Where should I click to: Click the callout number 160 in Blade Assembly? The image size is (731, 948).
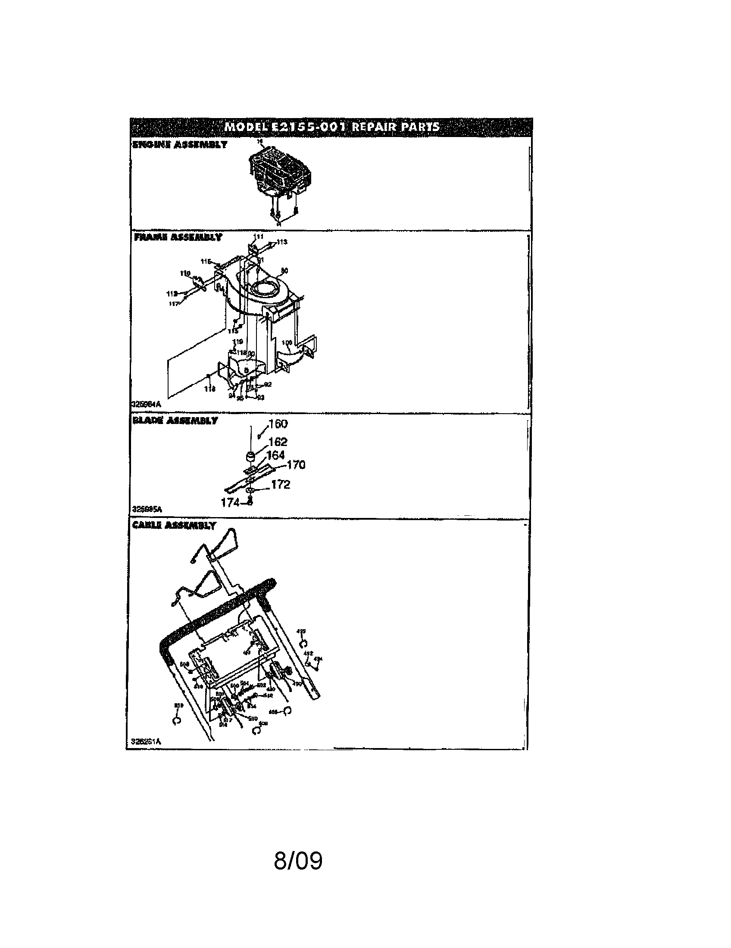coord(278,424)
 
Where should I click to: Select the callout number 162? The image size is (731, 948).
coord(278,442)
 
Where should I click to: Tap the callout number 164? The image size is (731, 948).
coord(275,455)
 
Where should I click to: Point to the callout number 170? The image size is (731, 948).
coord(296,465)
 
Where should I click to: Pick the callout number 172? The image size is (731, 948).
coord(281,484)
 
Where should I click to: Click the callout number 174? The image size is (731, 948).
coord(230,502)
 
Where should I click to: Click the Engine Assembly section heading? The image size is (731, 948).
coord(179,144)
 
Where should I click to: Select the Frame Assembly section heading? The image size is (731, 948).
coord(178,237)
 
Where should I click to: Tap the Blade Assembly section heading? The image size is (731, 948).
coord(175,421)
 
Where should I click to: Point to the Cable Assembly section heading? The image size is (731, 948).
coord(174,525)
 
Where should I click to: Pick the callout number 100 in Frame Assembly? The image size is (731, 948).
coord(287,343)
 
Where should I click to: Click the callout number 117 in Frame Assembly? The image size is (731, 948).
coord(174,304)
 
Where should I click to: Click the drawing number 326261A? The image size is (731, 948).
coord(146,742)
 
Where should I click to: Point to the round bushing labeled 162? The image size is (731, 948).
coord(250,457)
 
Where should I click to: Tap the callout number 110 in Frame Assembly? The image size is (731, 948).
coord(185,273)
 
